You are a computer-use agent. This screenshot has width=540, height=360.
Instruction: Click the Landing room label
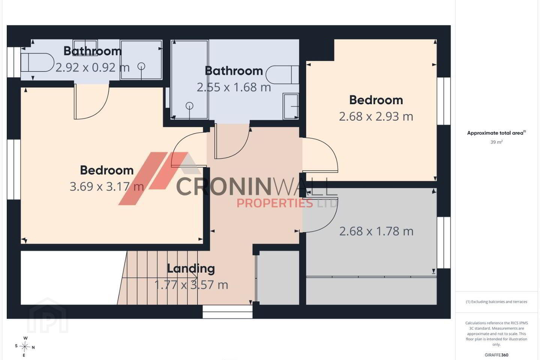(x=190, y=268)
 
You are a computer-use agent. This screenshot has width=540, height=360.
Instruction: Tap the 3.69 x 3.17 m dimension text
(x=107, y=187)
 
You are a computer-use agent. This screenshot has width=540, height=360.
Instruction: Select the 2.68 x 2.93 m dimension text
(x=376, y=117)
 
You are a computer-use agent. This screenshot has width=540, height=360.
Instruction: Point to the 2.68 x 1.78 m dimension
(x=376, y=231)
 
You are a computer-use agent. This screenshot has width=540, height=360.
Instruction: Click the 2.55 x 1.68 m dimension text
(x=234, y=87)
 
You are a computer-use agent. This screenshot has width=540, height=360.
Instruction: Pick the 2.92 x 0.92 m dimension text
(x=93, y=67)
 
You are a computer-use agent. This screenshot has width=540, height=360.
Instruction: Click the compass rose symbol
(x=25, y=347)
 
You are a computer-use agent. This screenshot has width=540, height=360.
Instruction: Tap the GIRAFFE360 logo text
(x=496, y=355)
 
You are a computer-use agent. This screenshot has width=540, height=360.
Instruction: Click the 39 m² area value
(x=496, y=142)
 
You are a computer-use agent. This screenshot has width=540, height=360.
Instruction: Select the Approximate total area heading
(x=496, y=133)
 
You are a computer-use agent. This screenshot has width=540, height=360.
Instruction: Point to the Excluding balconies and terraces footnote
(x=496, y=301)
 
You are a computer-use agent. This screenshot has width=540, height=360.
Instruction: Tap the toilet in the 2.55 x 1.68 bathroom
(x=282, y=75)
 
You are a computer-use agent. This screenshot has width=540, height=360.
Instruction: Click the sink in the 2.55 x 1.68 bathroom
(x=291, y=106)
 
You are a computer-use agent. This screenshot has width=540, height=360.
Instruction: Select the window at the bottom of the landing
(x=227, y=312)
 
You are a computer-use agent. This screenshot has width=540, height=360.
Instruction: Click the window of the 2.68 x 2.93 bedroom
(x=444, y=101)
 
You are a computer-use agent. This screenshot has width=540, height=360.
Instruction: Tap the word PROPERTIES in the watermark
(x=274, y=203)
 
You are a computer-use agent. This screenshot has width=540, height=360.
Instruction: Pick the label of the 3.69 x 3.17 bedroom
(x=107, y=170)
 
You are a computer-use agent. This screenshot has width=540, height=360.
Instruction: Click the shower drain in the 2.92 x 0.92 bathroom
(x=141, y=66)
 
